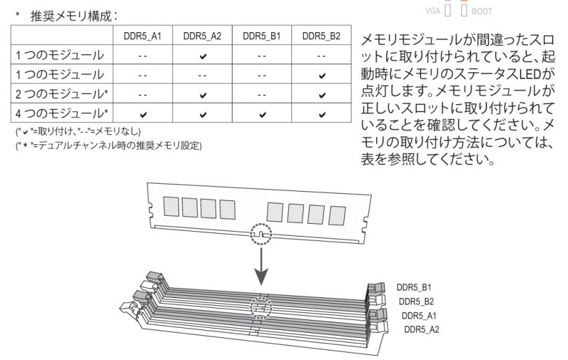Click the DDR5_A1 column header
[x=142, y=36]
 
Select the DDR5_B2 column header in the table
[x=321, y=36]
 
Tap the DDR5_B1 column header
[x=261, y=36]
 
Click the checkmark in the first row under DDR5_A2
[x=203, y=56]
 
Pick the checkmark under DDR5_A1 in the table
[x=143, y=115]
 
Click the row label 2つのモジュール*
[x=61, y=94]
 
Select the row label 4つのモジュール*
[x=61, y=114]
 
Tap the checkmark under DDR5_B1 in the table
[x=262, y=115]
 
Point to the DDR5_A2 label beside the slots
[x=421, y=329]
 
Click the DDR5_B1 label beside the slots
[x=414, y=287]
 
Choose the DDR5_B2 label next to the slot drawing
[x=416, y=301]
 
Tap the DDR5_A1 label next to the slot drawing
[x=419, y=315]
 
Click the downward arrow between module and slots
[x=261, y=266]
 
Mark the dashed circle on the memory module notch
[x=261, y=234]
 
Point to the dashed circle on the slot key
[x=261, y=308]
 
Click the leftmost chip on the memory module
[x=171, y=206]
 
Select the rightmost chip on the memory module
[x=337, y=216]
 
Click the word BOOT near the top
[x=482, y=11]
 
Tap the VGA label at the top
[x=432, y=11]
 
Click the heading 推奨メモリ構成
[x=71, y=16]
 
